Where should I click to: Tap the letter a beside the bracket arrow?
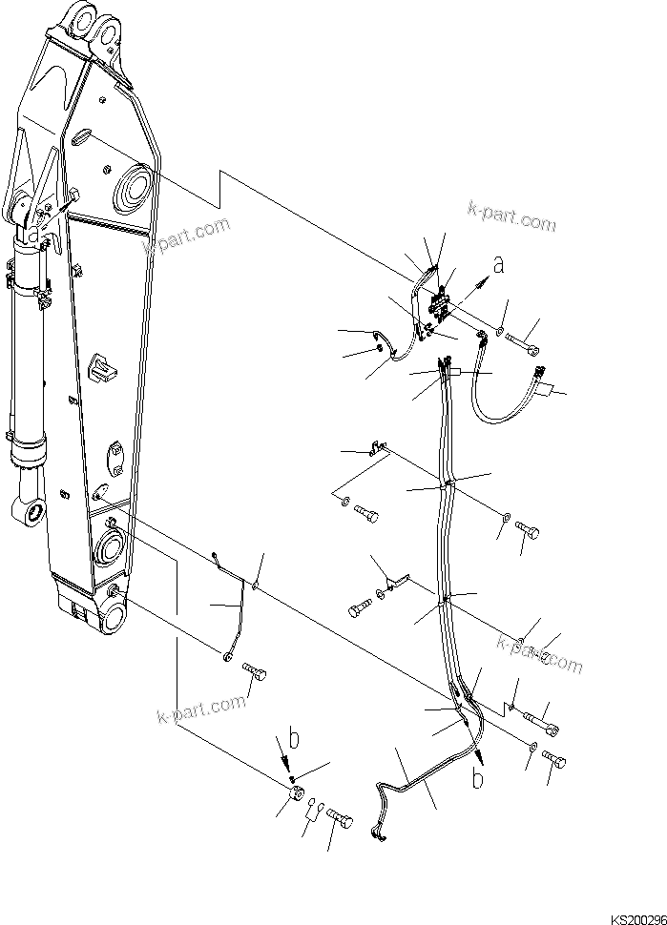(497, 264)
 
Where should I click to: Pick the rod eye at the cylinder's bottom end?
(33, 512)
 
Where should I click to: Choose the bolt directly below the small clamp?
(365, 515)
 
